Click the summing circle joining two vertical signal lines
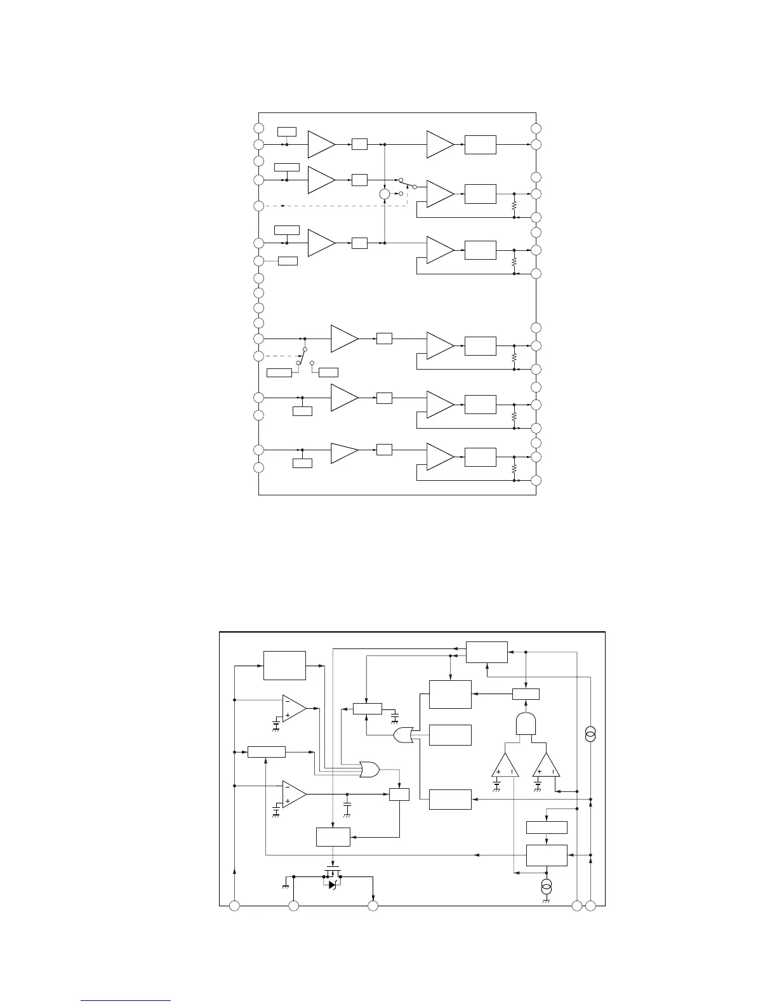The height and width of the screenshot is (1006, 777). [x=385, y=194]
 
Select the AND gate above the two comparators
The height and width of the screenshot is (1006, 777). [x=526, y=723]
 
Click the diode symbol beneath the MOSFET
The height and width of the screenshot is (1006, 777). [x=333, y=884]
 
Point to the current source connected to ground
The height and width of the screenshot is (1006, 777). [x=545, y=885]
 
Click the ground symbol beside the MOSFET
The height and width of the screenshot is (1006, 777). [x=286, y=885]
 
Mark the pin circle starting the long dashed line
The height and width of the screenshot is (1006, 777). [x=258, y=206]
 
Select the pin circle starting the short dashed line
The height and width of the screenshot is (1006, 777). [x=258, y=356]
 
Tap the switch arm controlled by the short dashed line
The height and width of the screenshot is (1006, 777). [x=303, y=356]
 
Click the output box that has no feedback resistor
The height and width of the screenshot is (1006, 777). [x=481, y=144]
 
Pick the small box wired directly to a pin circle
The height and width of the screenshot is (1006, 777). [x=288, y=260]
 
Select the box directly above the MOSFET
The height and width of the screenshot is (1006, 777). [x=333, y=836]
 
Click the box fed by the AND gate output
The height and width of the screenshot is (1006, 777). [x=526, y=694]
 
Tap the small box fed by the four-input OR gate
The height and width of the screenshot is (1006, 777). [x=399, y=794]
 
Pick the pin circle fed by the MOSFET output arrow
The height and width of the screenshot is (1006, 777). [x=373, y=906]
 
